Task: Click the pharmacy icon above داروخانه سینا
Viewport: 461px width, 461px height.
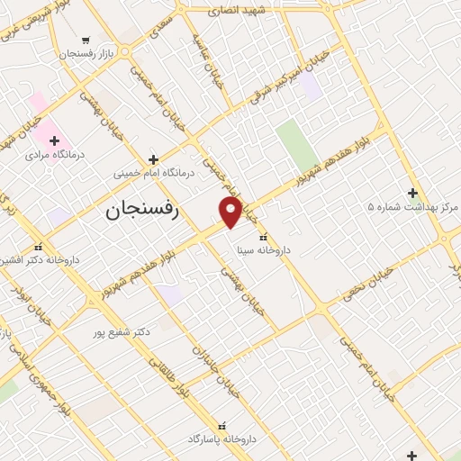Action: [262, 237]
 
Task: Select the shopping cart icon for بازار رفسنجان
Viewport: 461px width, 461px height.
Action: [86, 40]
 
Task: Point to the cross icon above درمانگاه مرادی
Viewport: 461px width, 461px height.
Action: [55, 140]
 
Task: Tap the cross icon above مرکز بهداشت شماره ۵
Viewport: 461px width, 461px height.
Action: [412, 193]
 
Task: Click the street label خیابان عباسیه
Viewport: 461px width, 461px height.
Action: [203, 57]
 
